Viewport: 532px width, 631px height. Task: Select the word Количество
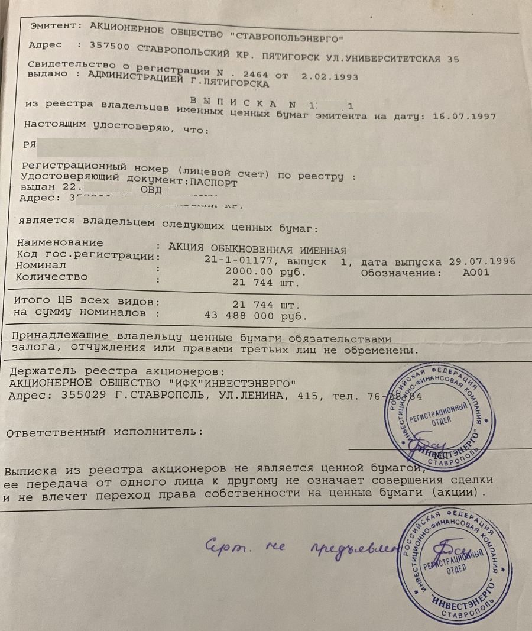click(52, 276)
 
